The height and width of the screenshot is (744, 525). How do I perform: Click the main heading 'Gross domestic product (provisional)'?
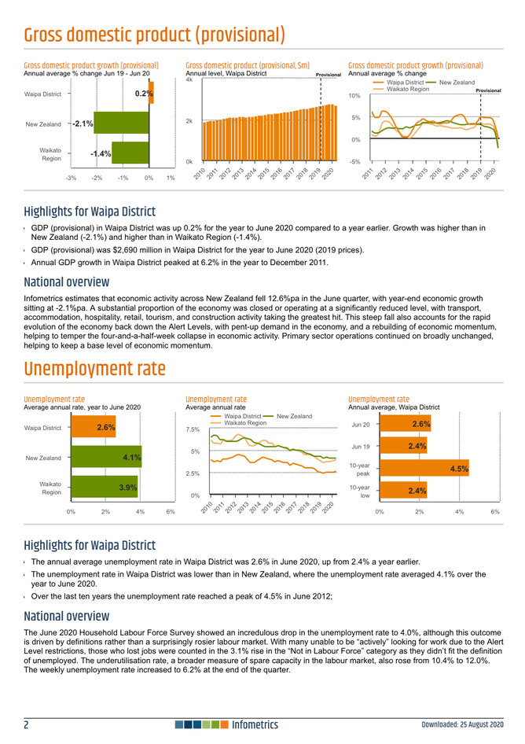click(154, 35)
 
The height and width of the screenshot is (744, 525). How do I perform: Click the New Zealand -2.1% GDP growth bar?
click(111, 123)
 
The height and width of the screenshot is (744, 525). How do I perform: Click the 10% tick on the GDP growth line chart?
click(354, 96)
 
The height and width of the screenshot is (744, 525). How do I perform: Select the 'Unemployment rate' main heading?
click(95, 369)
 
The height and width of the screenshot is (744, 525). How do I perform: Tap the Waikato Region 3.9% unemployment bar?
click(104, 487)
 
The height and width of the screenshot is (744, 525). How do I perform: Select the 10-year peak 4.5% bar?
click(424, 470)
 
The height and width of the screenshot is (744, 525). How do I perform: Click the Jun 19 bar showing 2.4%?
click(403, 447)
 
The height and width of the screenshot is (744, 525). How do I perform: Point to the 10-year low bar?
click(403, 492)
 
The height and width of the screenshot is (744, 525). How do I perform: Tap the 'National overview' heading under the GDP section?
click(67, 282)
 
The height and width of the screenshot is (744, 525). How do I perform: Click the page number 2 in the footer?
click(28, 724)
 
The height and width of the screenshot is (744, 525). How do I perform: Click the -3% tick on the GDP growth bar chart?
click(71, 178)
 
